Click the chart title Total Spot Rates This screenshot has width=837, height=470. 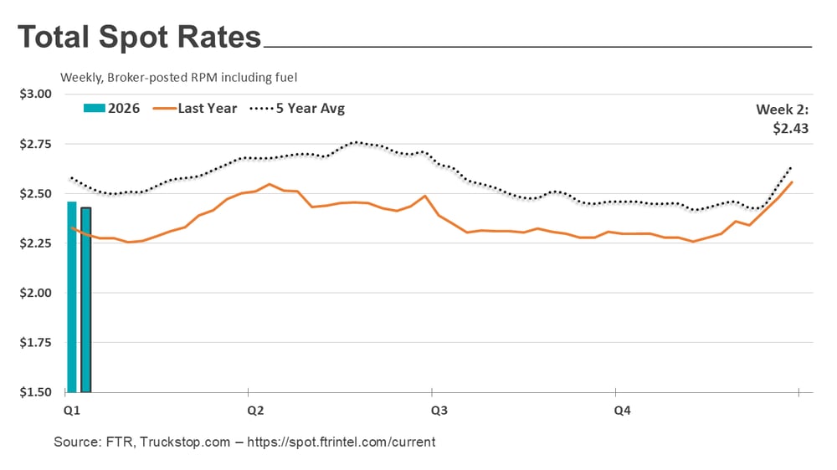139,38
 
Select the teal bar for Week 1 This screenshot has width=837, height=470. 72,297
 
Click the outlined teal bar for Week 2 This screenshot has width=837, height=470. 85,299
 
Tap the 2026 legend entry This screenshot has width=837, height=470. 112,109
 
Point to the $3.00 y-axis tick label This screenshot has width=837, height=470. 36,94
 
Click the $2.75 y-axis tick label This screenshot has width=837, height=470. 36,144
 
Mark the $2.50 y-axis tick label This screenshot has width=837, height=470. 36,193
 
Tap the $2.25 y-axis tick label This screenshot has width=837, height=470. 36,243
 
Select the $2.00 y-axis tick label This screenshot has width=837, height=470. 36,293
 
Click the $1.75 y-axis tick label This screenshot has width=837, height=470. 36,343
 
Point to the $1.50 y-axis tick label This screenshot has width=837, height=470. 36,392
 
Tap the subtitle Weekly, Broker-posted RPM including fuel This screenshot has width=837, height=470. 179,78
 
